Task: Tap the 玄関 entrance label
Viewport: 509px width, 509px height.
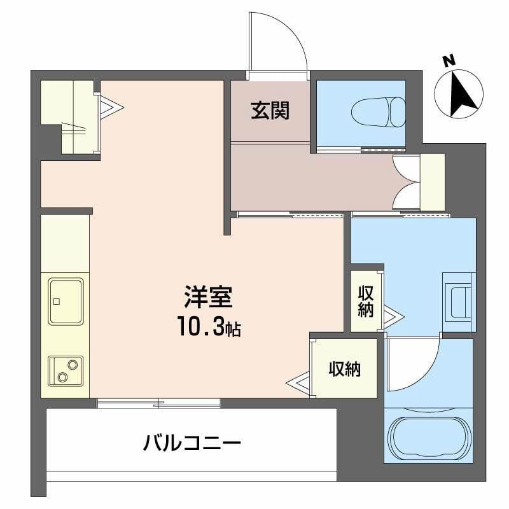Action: coord(270,111)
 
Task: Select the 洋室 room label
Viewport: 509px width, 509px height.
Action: coord(209,296)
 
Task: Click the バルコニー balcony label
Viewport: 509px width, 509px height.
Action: coord(192,443)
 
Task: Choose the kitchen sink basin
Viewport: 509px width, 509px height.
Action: coord(66,301)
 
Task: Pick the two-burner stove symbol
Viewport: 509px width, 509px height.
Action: coord(66,371)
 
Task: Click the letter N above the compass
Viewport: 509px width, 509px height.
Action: coord(450,60)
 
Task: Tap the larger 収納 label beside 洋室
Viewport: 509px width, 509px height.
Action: coord(345,369)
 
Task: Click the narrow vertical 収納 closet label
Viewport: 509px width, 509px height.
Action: coord(366,302)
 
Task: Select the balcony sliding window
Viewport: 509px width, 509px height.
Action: coord(159,403)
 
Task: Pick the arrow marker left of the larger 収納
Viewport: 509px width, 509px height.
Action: coord(298,382)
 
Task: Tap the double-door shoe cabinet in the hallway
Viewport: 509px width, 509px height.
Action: coord(419,182)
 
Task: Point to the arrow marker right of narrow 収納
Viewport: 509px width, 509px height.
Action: coord(394,316)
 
